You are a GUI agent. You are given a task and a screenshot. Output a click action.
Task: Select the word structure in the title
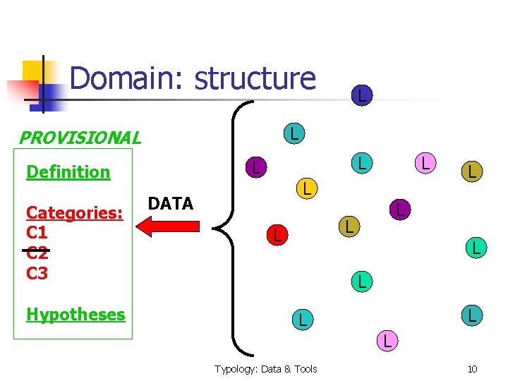coord(255,78)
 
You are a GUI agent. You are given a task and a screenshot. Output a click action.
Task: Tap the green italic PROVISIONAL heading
coord(79,138)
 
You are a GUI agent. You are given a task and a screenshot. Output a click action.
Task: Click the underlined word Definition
coord(68,172)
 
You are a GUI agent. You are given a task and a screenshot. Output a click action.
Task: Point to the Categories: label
coord(75,212)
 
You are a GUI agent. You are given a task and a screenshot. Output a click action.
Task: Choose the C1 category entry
coord(37,232)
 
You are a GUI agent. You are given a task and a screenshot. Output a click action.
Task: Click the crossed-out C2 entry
coord(37,252)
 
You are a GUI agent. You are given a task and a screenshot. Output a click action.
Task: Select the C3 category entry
coord(37,272)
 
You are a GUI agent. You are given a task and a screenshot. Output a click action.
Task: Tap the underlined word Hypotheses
coord(75,315)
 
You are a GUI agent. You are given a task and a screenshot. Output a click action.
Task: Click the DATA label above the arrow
coord(171,204)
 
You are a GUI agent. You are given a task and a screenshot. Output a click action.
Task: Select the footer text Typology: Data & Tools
coord(266,369)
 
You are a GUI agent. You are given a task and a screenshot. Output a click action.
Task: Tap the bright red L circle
coord(277,234)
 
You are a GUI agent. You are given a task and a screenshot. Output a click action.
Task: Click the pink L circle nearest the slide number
coord(386,341)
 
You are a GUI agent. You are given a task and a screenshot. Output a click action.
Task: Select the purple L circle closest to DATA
coord(257,167)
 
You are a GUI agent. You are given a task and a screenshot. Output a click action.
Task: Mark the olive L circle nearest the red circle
coord(347,226)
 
